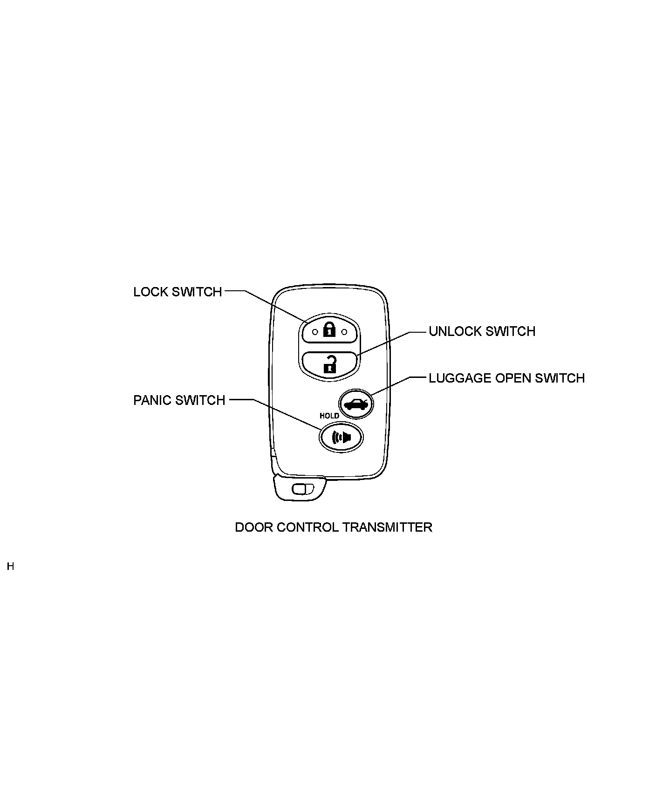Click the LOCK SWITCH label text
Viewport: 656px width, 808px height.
pyautogui.click(x=178, y=292)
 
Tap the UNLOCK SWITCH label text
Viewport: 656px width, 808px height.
pyautogui.click(x=482, y=331)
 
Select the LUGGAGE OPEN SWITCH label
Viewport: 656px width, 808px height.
pyautogui.click(x=506, y=378)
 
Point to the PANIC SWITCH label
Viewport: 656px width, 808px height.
pyautogui.click(x=179, y=400)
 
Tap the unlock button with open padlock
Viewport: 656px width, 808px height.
pyautogui.click(x=330, y=363)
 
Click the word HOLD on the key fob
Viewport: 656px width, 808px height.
pyautogui.click(x=329, y=416)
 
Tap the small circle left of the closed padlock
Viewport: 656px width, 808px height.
pyautogui.click(x=315, y=332)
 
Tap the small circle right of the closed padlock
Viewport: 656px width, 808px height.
pyautogui.click(x=345, y=332)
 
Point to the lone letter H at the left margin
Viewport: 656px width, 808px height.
pyautogui.click(x=10, y=567)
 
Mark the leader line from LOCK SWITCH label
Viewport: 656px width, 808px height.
pyautogui.click(x=273, y=306)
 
